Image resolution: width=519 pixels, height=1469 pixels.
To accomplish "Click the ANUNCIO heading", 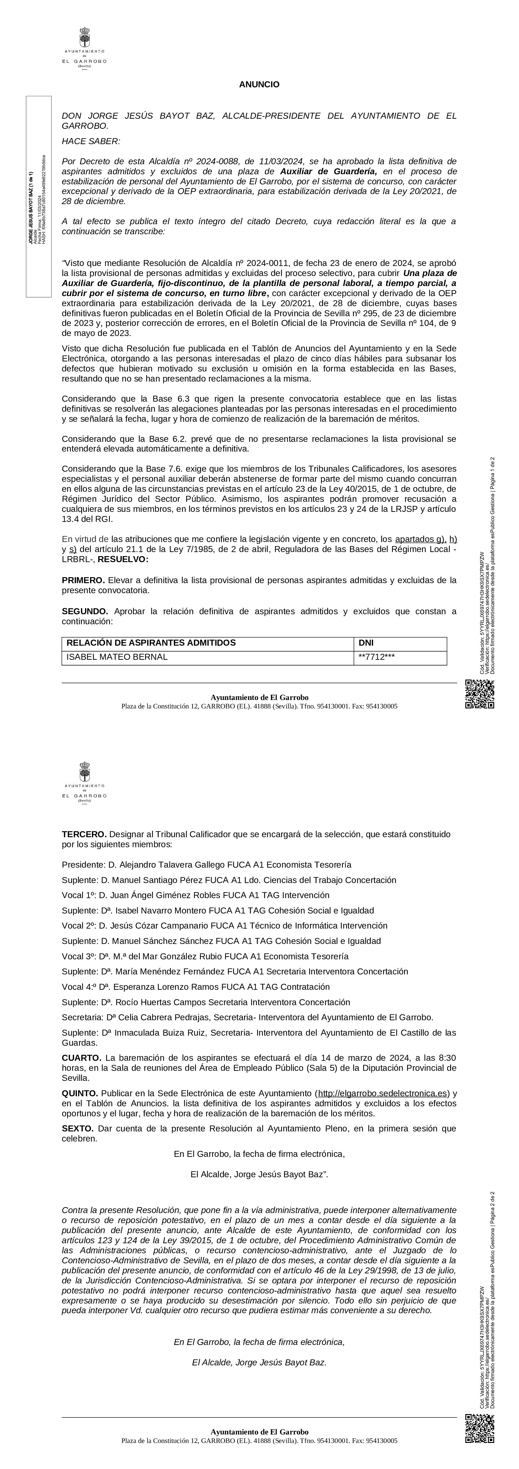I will click(259, 84).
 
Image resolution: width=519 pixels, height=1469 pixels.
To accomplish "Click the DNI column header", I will click(366, 643).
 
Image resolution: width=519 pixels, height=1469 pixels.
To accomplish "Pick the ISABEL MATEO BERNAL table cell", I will click(117, 657).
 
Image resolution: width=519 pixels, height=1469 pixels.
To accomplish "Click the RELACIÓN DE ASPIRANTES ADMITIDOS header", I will click(151, 643).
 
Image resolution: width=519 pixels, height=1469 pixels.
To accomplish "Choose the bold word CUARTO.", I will click(82, 1058).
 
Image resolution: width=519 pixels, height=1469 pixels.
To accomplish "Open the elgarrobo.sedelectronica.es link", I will click(382, 1093).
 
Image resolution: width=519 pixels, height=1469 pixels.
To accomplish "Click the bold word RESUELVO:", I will click(123, 559).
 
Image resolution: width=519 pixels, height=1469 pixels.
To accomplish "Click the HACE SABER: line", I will click(91, 141).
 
